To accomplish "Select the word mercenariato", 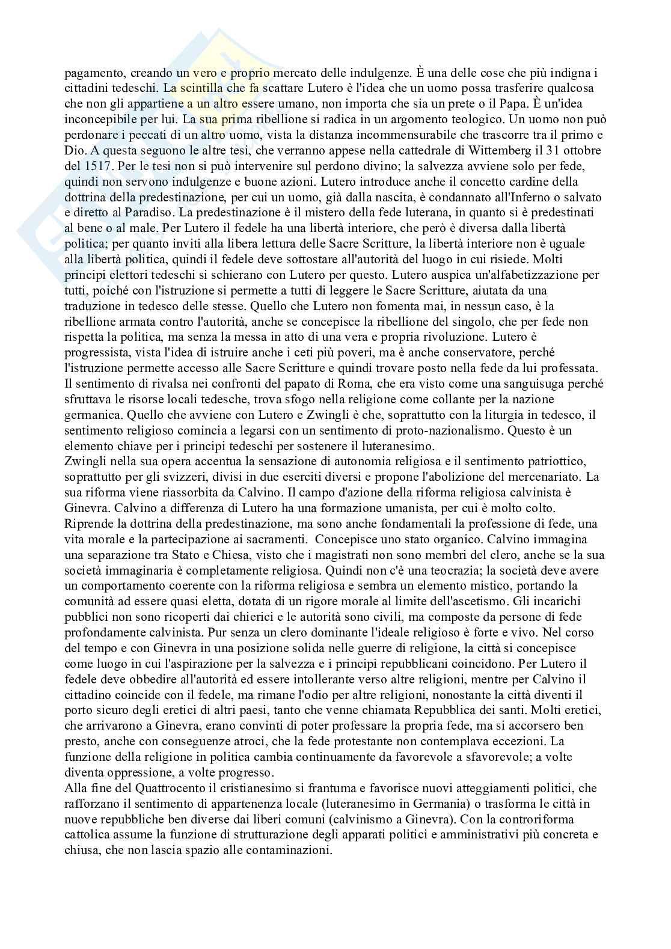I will pyautogui.click(x=539, y=477).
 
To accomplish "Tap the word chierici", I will pyautogui.click(x=232, y=617).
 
